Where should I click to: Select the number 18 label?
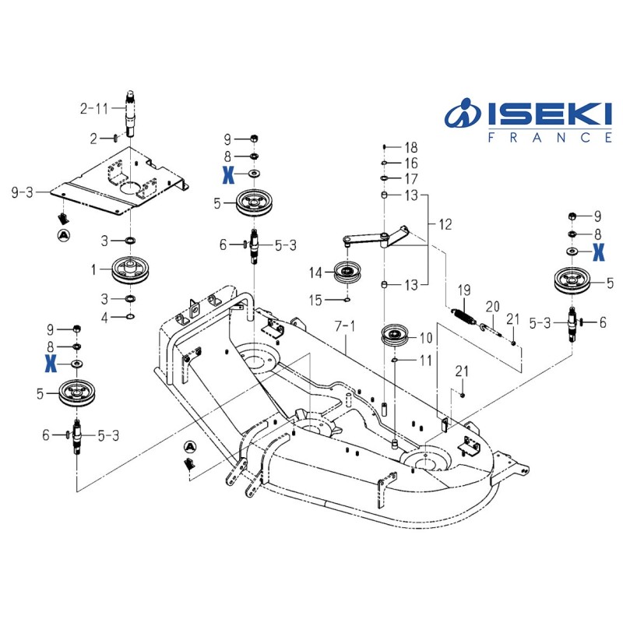coord(411,147)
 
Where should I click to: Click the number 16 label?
coord(411,163)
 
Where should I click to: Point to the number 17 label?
coord(411,178)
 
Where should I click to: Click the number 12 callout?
coord(445,225)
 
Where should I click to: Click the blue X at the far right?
coord(597,251)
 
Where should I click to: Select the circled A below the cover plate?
coord(63,233)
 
